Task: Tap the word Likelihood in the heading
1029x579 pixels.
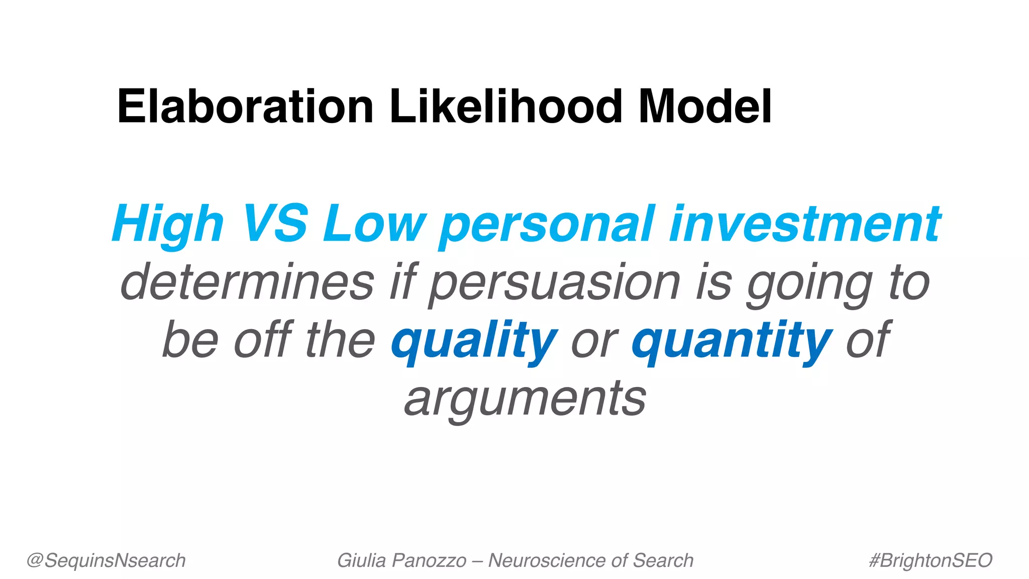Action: [x=505, y=107]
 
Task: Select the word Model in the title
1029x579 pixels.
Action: [x=705, y=107]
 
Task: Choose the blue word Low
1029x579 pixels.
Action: [x=374, y=224]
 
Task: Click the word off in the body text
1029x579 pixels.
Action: [x=263, y=340]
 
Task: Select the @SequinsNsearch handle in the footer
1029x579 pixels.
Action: [x=106, y=560]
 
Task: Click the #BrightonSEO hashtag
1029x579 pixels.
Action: [x=931, y=560]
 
